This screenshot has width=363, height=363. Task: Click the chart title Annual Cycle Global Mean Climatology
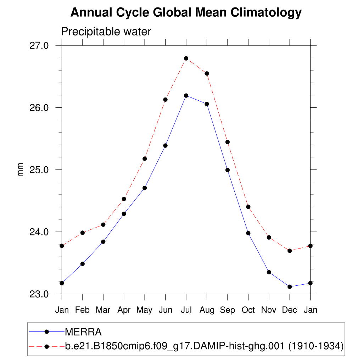pyautogui.click(x=186, y=13)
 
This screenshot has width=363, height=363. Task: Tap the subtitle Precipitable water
pyautogui.click(x=106, y=32)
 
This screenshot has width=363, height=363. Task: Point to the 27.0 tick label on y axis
pyautogui.click(x=39, y=46)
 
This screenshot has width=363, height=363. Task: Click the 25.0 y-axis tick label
pyautogui.click(x=39, y=170)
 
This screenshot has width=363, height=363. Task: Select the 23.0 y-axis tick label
pyautogui.click(x=39, y=294)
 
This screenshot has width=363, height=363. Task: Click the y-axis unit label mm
pyautogui.click(x=21, y=170)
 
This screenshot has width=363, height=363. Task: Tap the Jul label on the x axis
pyautogui.click(x=186, y=310)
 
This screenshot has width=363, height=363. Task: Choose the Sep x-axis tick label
pyautogui.click(x=227, y=310)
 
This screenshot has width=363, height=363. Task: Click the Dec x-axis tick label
pyautogui.click(x=290, y=310)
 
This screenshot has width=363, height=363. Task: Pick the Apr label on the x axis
pyautogui.click(x=124, y=310)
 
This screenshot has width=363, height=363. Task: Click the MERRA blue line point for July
pyautogui.click(x=186, y=96)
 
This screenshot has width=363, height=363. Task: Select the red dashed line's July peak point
pyautogui.click(x=186, y=58)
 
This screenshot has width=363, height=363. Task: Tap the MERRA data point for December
pyautogui.click(x=290, y=286)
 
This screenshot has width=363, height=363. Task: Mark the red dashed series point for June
pyautogui.click(x=165, y=100)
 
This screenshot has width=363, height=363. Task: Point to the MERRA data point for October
pyautogui.click(x=248, y=233)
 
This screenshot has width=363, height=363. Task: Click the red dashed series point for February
pyautogui.click(x=83, y=233)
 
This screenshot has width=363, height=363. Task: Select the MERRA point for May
pyautogui.click(x=145, y=188)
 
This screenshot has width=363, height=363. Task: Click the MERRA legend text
pyautogui.click(x=83, y=332)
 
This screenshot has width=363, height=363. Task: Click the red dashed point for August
pyautogui.click(x=207, y=73)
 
